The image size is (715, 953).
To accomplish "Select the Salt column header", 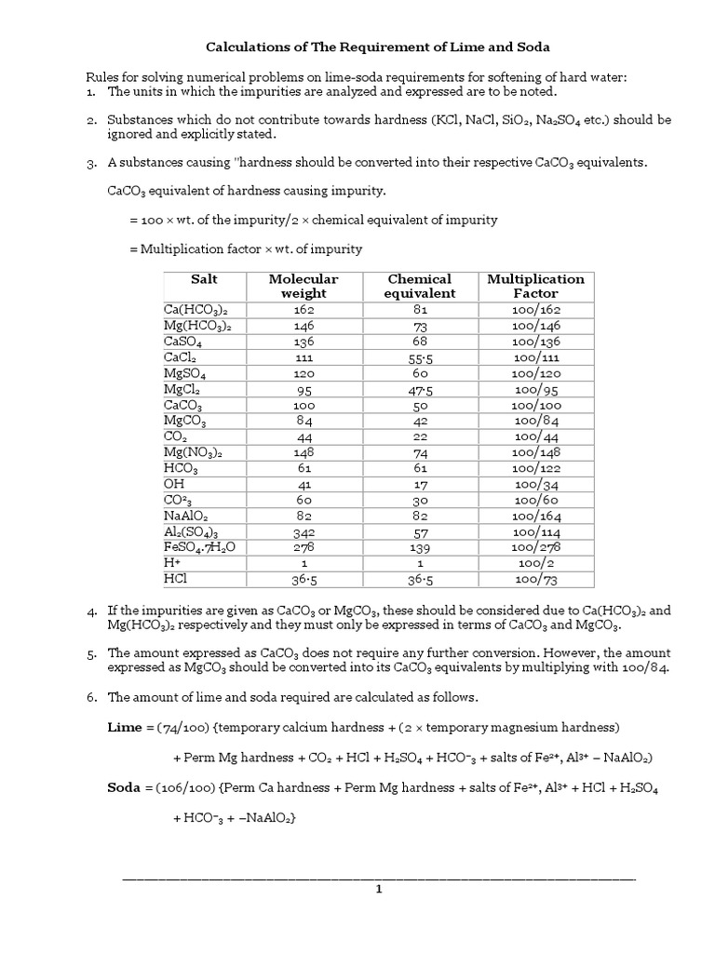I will point(204,279).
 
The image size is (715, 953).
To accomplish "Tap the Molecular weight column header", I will point(304,286).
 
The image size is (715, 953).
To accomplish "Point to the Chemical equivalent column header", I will point(419,286).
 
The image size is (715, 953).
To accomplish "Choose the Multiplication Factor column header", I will point(535,286).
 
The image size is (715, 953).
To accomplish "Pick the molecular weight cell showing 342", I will point(304,531).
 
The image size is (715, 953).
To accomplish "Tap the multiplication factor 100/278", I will point(535,547).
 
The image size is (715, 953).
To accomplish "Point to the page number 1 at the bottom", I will point(379,889).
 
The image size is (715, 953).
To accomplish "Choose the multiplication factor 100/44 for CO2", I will point(535,436).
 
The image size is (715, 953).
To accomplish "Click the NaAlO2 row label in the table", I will point(186,515).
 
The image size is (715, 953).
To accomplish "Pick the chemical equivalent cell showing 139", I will point(419,547).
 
